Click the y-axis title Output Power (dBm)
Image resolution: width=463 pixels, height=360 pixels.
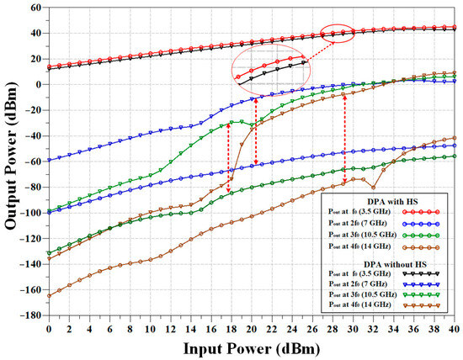(11, 161)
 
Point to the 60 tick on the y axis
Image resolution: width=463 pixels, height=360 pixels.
(34, 8)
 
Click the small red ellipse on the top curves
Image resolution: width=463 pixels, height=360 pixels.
(338, 34)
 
